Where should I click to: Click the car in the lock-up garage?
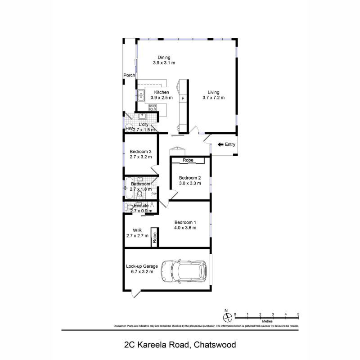tap(184, 271)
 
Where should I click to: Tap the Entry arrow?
tap(220, 144)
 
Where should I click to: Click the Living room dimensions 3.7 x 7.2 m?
tap(213, 98)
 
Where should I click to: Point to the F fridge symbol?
tap(183, 98)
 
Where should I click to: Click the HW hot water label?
tap(129, 129)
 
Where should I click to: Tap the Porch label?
tap(130, 75)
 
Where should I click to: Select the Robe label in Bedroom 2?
tap(188, 160)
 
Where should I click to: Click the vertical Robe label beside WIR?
tap(154, 238)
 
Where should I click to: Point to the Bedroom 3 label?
tap(140, 152)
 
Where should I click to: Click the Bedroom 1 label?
tap(185, 222)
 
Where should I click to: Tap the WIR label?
tap(137, 230)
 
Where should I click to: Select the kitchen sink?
tap(141, 95)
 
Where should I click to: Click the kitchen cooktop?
tap(153, 107)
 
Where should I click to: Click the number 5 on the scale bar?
tap(298, 314)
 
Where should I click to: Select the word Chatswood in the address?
tap(215, 345)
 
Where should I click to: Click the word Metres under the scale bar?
tap(267, 321)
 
